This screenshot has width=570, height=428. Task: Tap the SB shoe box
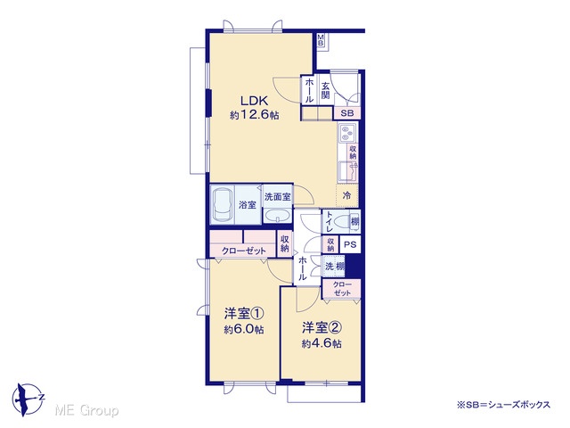pos(347,113)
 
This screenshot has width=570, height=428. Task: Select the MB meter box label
pos(321,39)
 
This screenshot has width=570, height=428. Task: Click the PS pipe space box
pos(350,244)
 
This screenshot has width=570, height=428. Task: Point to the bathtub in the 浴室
pos(222,204)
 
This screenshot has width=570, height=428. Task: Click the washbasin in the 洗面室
pos(277,216)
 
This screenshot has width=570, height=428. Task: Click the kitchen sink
pos(347,172)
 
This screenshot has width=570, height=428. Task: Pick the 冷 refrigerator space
pos(347,195)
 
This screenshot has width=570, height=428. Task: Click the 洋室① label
pos(244,313)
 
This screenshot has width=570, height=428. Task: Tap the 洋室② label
pos(322,328)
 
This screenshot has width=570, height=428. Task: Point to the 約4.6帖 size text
pos(322,343)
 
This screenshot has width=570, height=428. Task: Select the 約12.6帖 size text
pos(255,115)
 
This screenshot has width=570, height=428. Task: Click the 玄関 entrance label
pos(325,91)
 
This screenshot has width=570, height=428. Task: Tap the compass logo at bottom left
pos(28,399)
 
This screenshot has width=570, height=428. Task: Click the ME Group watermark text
pos(86,411)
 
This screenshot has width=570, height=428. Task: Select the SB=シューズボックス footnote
pos(503,404)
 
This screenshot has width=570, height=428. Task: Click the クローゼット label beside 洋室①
pos(243,251)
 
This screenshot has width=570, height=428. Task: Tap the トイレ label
pos(329,222)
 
